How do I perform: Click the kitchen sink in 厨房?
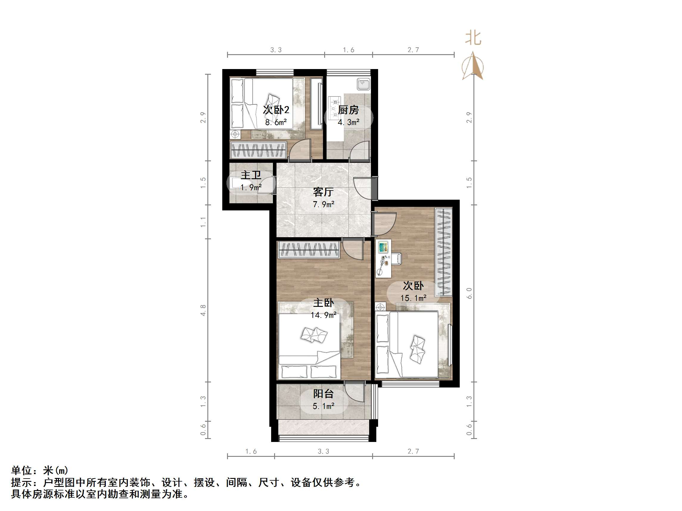363,84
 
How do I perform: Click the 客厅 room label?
323,192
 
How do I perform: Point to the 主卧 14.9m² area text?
323,315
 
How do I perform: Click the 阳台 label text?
323,394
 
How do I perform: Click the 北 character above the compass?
473,38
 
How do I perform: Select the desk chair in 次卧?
397,258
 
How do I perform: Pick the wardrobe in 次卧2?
258,150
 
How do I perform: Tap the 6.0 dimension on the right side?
469,293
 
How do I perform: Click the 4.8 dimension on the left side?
203,310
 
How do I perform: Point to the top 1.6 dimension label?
348,50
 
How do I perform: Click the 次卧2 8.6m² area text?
276,122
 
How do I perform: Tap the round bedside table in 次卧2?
235,135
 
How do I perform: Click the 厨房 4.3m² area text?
348,122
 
